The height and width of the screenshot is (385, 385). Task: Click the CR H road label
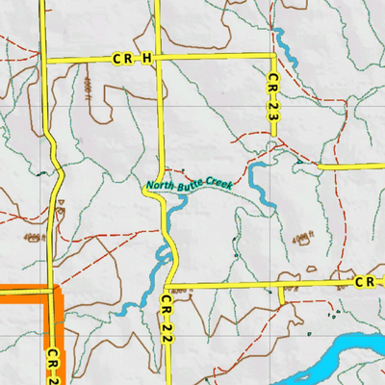click(x=132, y=59)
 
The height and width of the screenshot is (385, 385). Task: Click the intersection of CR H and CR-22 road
click(x=159, y=59)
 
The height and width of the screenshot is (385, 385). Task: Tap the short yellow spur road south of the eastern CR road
click(x=281, y=295)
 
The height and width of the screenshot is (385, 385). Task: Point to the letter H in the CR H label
click(x=146, y=59)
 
